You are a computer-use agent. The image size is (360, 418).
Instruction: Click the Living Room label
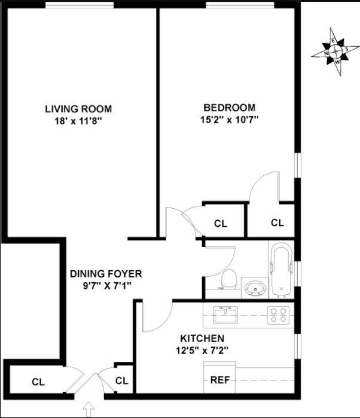tap(78, 109)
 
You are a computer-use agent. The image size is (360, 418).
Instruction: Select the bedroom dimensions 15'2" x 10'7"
tap(230, 119)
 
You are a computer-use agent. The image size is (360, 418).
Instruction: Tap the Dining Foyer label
tap(106, 274)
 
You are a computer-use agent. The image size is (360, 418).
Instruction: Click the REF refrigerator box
tap(219, 379)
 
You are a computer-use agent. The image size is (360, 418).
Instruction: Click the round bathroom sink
tap(255, 288)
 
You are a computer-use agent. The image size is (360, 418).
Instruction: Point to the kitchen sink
tap(225, 313)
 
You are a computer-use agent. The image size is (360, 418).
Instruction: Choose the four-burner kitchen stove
tap(278, 315)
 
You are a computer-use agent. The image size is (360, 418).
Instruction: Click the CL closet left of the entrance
tap(38, 381)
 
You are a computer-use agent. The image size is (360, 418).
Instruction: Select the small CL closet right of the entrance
tap(121, 380)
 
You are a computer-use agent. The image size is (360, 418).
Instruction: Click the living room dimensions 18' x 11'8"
tap(78, 120)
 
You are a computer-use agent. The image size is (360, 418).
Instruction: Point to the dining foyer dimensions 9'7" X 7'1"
tap(106, 285)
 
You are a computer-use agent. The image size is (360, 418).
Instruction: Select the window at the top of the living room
tap(80, 5)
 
